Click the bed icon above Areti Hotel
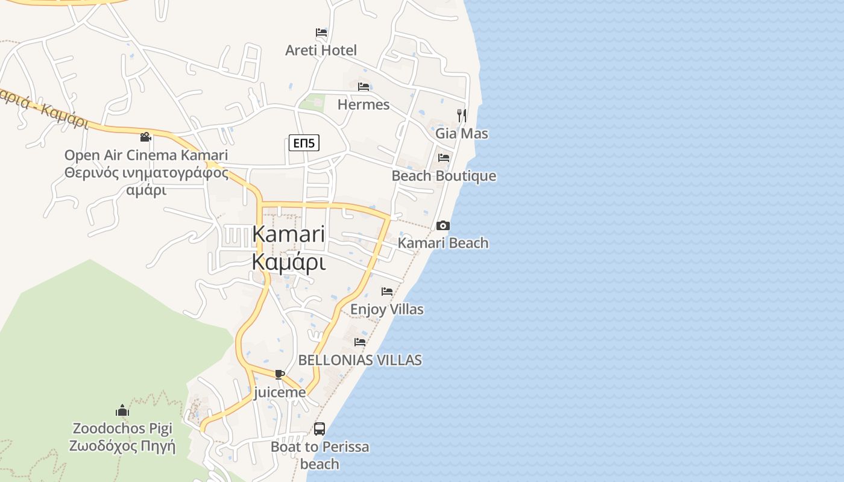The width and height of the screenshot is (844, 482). [321, 33]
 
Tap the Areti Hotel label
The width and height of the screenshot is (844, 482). [321, 50]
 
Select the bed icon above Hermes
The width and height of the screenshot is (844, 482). [364, 87]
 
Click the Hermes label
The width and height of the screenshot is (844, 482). [364, 105]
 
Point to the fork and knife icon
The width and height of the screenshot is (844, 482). [461, 115]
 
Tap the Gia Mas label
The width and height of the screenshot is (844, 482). [462, 133]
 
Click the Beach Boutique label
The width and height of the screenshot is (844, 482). [444, 176]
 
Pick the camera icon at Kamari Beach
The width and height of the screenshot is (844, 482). [443, 225]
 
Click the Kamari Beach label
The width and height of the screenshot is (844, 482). [443, 243]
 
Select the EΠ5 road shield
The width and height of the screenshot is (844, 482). [304, 143]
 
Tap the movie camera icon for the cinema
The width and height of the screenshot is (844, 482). [145, 137]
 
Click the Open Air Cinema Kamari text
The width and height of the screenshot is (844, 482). [146, 155]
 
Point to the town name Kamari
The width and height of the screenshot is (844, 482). [289, 234]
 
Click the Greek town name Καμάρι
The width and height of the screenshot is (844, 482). [289, 263]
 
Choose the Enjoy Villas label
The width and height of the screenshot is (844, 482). [387, 309]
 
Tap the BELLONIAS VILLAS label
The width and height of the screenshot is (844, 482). [360, 360]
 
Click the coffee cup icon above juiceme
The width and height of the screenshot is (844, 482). [279, 374]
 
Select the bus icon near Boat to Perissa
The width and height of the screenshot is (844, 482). [320, 429]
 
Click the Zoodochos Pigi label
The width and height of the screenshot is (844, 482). [122, 428]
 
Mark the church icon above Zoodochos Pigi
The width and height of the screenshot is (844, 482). [122, 411]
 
